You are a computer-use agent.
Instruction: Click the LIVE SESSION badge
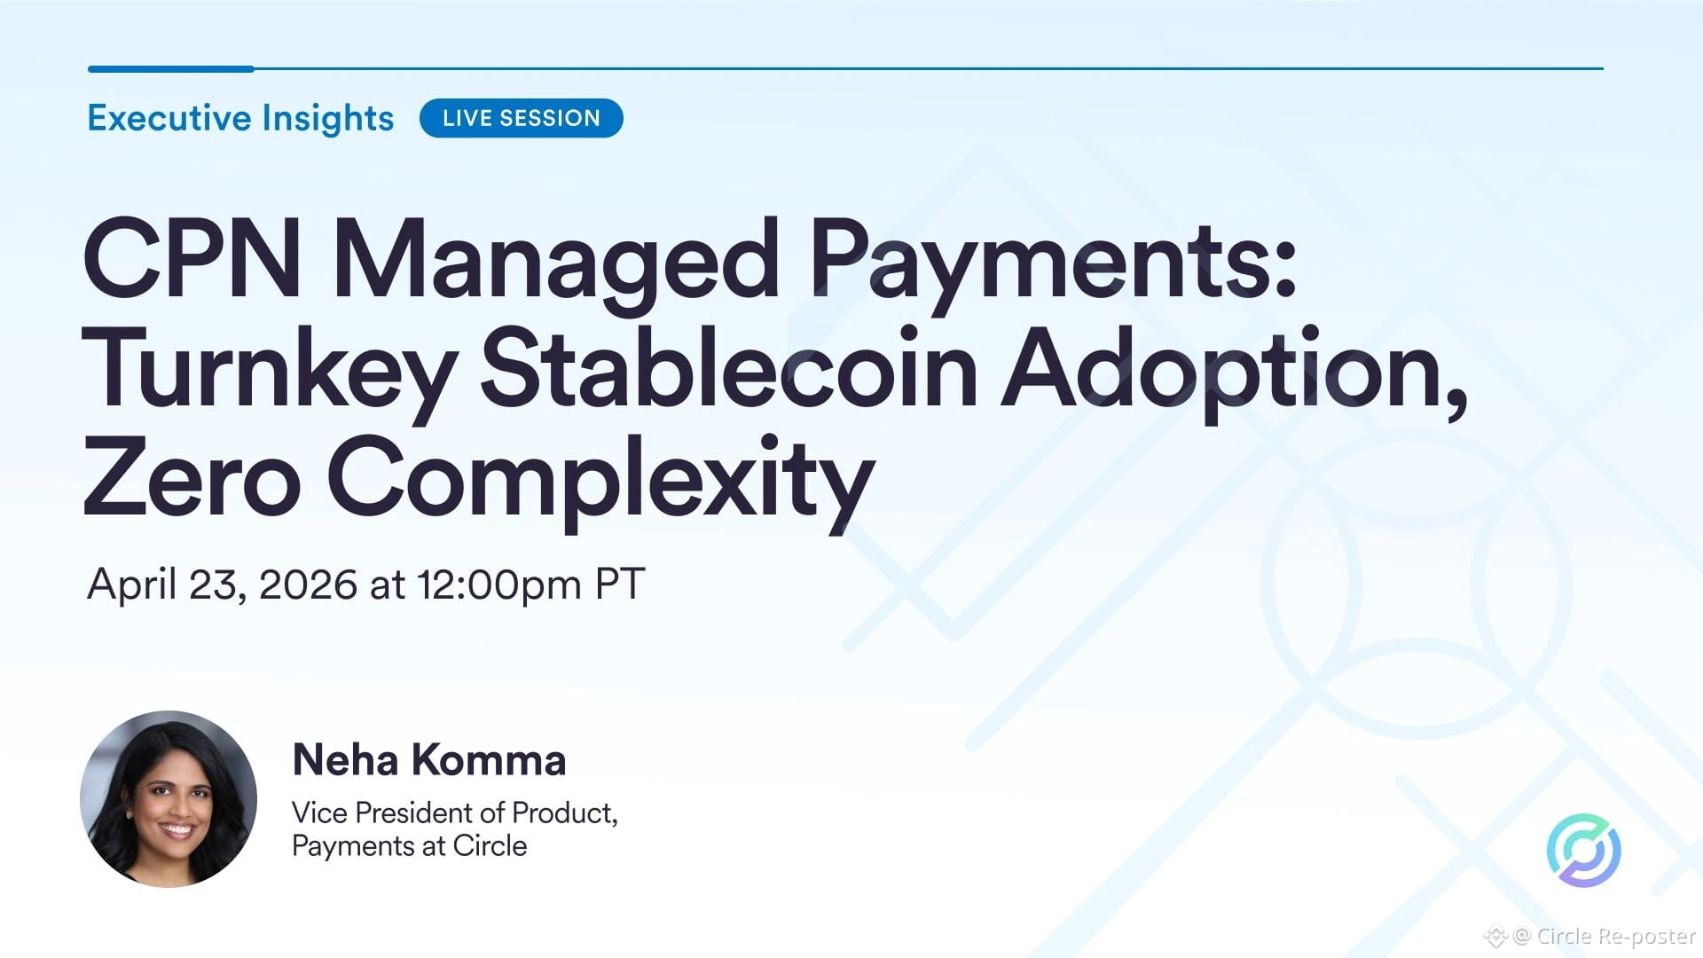[x=521, y=118]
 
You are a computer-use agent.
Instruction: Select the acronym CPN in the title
[x=192, y=259]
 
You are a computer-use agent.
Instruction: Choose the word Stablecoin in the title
[x=729, y=367]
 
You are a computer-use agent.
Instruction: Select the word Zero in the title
[x=191, y=476]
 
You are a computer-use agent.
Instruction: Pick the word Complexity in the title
[x=601, y=482]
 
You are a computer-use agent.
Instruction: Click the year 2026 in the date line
[x=308, y=585]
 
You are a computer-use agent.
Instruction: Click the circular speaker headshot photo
[x=169, y=798]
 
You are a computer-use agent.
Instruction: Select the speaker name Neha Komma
[x=429, y=760]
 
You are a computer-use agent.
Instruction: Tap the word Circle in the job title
[x=490, y=846]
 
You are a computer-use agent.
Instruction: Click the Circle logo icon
[x=1584, y=850]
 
